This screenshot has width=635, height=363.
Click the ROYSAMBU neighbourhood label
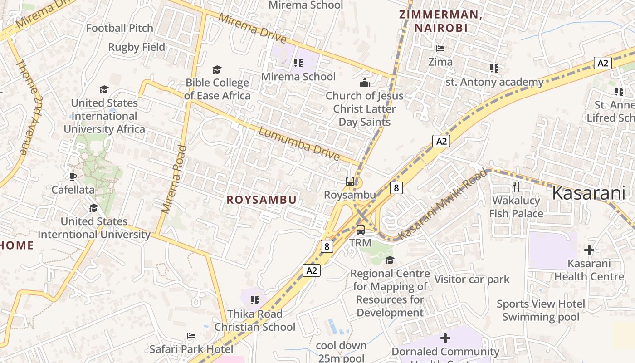(262, 200)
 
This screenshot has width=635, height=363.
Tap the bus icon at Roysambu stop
(350, 181)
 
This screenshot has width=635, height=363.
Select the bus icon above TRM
(361, 230)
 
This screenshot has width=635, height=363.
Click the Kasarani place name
(589, 193)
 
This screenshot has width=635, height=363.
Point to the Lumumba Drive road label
(299, 145)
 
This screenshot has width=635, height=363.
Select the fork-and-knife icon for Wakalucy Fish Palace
(516, 186)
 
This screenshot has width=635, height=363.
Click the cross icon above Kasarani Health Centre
(589, 250)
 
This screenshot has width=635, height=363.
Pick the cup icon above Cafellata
(73, 176)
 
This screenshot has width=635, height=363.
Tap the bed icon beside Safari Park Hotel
(191, 336)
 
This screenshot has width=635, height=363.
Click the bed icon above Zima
(440, 49)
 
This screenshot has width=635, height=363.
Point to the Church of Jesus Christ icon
(364, 83)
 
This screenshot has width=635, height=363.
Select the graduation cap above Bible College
(217, 69)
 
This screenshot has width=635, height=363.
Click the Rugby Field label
(137, 47)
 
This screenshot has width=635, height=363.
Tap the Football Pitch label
(120, 28)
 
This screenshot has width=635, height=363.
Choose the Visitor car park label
(472, 279)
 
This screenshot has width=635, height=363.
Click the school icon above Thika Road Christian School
(255, 300)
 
